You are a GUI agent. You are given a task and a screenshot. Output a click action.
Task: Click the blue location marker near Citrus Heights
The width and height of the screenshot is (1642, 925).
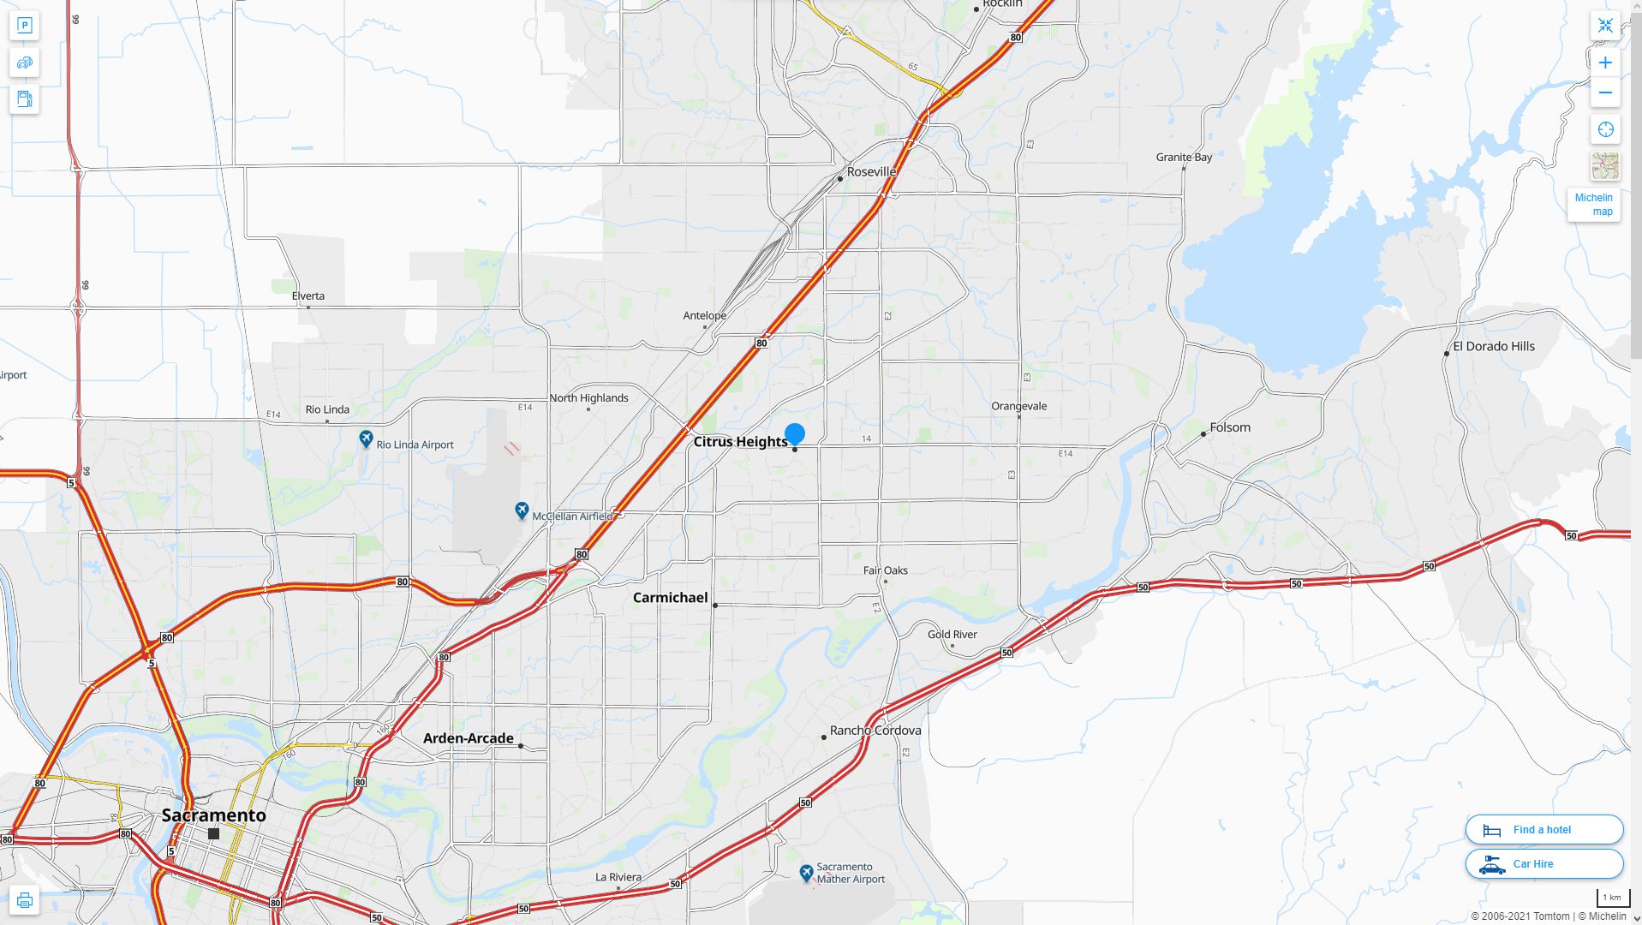click(795, 433)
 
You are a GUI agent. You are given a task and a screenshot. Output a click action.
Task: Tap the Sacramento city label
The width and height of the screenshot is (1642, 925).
click(214, 815)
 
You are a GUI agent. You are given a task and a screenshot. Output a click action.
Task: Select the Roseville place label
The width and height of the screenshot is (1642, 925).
click(871, 172)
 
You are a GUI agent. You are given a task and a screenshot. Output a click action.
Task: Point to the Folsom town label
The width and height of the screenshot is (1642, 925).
click(1230, 427)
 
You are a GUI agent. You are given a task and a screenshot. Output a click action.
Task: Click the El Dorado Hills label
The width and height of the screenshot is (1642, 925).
click(1494, 347)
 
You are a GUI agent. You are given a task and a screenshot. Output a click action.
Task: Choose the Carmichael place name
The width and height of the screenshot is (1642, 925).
click(670, 598)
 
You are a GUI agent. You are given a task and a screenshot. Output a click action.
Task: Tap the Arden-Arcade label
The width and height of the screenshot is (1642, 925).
click(469, 738)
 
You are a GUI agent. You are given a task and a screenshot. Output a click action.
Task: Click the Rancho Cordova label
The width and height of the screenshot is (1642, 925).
click(875, 731)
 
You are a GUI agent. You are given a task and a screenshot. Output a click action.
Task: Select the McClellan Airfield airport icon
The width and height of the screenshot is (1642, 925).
click(522, 511)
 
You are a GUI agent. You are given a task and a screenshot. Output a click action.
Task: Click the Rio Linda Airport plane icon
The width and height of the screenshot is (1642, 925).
click(367, 439)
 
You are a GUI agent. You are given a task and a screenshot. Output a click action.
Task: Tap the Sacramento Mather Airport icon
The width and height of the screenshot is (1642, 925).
click(806, 873)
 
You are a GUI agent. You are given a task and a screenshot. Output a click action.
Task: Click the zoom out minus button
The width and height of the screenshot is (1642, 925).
click(1605, 92)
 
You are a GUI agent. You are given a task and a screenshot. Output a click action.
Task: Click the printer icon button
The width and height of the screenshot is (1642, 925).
click(25, 900)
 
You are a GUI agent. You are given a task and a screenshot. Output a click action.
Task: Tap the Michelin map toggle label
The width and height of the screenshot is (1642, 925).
click(1593, 205)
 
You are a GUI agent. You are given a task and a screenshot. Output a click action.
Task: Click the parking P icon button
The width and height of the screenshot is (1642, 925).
click(25, 26)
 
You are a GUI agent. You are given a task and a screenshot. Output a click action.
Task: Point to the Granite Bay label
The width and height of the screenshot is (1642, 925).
click(1184, 158)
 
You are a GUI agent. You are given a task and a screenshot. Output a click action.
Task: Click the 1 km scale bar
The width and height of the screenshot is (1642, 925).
click(1612, 898)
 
